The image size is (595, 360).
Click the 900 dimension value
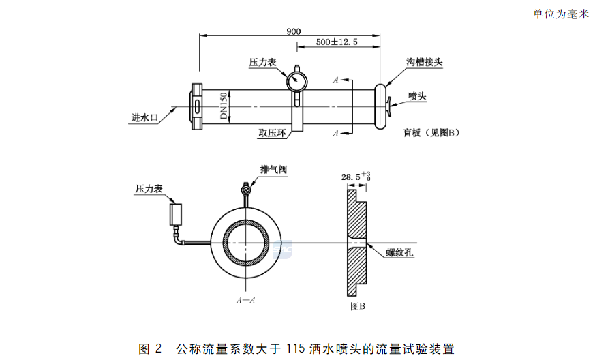pos(293,31)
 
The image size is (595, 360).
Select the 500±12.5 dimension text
pos(337,42)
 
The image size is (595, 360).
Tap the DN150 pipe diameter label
pos(223,107)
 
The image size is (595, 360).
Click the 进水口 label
pos(144,118)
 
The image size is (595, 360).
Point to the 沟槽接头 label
pos(425,62)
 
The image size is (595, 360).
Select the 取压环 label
pos(271,134)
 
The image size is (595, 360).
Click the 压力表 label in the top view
pos(262,62)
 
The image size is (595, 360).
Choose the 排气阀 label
pos(273,168)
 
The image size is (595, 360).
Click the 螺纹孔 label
pos(400,252)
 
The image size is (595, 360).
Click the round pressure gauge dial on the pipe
pos(297,81)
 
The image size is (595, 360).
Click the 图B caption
pos(357,306)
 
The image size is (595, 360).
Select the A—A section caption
pos(245,299)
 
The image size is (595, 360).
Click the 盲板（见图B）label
pos(431,133)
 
